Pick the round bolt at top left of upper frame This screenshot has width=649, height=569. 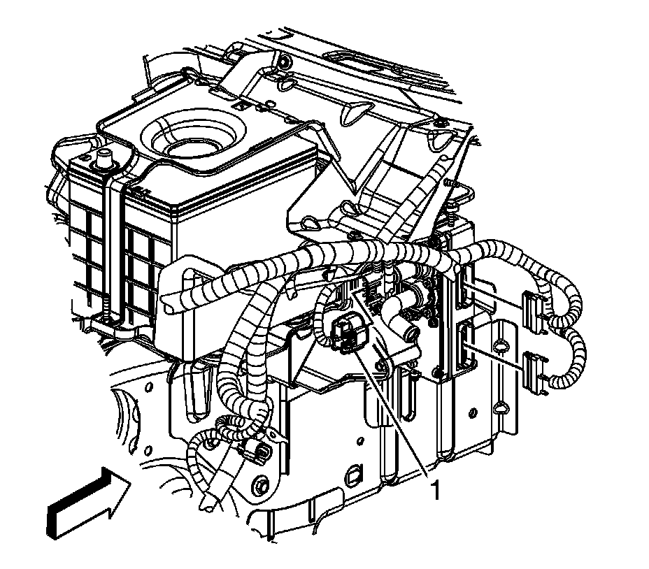click(283, 63)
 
